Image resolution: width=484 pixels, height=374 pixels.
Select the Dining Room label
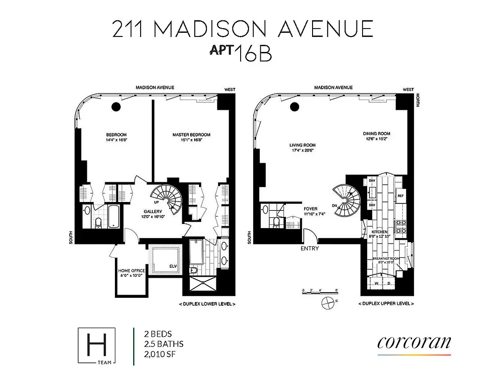pyautogui.click(x=377, y=134)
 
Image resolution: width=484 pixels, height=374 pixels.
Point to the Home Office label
pyautogui.click(x=131, y=271)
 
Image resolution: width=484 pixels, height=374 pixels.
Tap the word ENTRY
pyautogui.click(x=310, y=248)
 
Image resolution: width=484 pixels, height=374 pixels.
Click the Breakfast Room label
pyautogui.click(x=385, y=259)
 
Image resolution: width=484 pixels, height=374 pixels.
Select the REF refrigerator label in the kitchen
pyautogui.click(x=400, y=195)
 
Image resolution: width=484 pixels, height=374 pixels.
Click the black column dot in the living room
pyautogui.click(x=294, y=107)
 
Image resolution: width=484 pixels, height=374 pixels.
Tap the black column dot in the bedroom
pyautogui.click(x=116, y=107)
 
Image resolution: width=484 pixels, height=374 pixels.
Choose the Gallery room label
pyautogui.click(x=152, y=212)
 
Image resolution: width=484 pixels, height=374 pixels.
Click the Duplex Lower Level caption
pyautogui.click(x=207, y=304)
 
